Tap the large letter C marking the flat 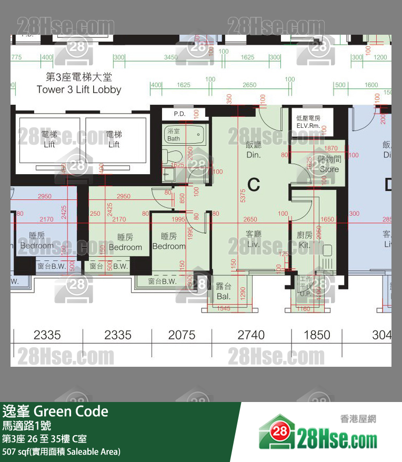click(254, 184)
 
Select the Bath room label click(174, 135)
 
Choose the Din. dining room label click(254, 149)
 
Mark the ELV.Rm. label click(308, 123)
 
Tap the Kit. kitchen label click(305, 240)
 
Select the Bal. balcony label click(224, 291)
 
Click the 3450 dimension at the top click(170, 57)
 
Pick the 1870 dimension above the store click(331, 149)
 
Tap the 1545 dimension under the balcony click(224, 309)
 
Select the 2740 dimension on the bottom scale click(251, 335)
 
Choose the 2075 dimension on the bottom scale click(182, 335)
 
